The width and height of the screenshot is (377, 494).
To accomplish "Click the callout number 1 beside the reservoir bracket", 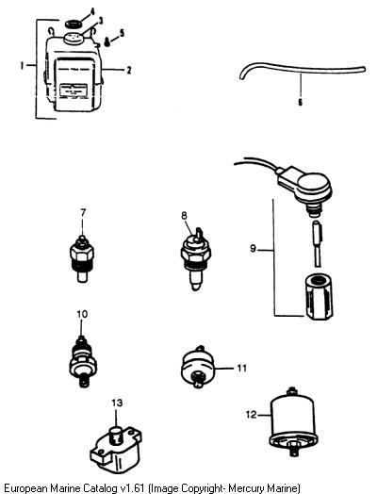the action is click(x=22, y=66).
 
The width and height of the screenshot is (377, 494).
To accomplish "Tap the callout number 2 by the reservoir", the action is click(x=129, y=70).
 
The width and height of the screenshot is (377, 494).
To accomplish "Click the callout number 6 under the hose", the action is click(x=300, y=102).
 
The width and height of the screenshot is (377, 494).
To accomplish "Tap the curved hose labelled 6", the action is click(x=302, y=70).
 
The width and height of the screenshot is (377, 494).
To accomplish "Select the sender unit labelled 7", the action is click(x=82, y=259).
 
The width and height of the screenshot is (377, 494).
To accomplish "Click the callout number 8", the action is click(x=184, y=216).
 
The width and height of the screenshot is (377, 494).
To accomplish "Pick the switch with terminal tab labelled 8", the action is click(x=196, y=259).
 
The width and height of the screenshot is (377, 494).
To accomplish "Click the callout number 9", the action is click(x=254, y=249).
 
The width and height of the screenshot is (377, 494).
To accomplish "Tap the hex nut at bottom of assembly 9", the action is click(x=319, y=297).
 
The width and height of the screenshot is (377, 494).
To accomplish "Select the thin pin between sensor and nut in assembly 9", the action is click(x=318, y=243).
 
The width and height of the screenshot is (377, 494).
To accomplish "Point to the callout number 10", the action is click(x=82, y=314).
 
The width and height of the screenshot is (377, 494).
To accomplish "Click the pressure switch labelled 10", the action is click(x=83, y=362).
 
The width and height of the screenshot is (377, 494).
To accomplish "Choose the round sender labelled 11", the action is click(x=199, y=367).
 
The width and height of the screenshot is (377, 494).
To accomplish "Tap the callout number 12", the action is click(x=252, y=415).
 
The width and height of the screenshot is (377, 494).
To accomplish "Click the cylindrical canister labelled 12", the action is click(x=292, y=420).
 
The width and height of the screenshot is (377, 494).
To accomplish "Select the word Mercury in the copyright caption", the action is click(x=245, y=488).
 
